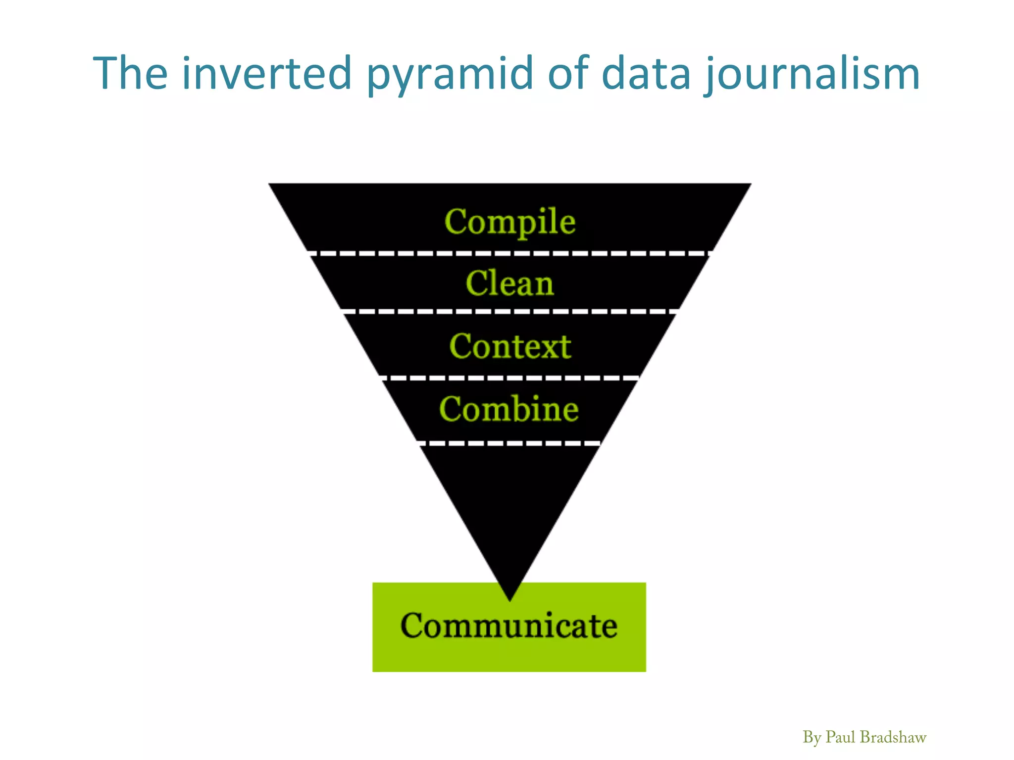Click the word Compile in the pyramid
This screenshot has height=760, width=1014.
tap(510, 221)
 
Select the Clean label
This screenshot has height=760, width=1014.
tap(509, 284)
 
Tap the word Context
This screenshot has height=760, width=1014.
tap(510, 346)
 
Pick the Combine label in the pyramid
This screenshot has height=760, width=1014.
tap(509, 409)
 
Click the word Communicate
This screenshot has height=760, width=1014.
tap(509, 625)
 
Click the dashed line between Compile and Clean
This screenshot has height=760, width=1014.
tap(510, 253)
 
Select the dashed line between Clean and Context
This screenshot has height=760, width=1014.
tap(510, 311)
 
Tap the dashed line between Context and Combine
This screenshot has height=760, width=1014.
tap(510, 378)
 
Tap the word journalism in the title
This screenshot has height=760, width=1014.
tap(812, 74)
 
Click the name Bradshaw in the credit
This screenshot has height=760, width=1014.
tap(893, 737)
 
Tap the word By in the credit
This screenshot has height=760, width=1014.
tap(812, 738)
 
